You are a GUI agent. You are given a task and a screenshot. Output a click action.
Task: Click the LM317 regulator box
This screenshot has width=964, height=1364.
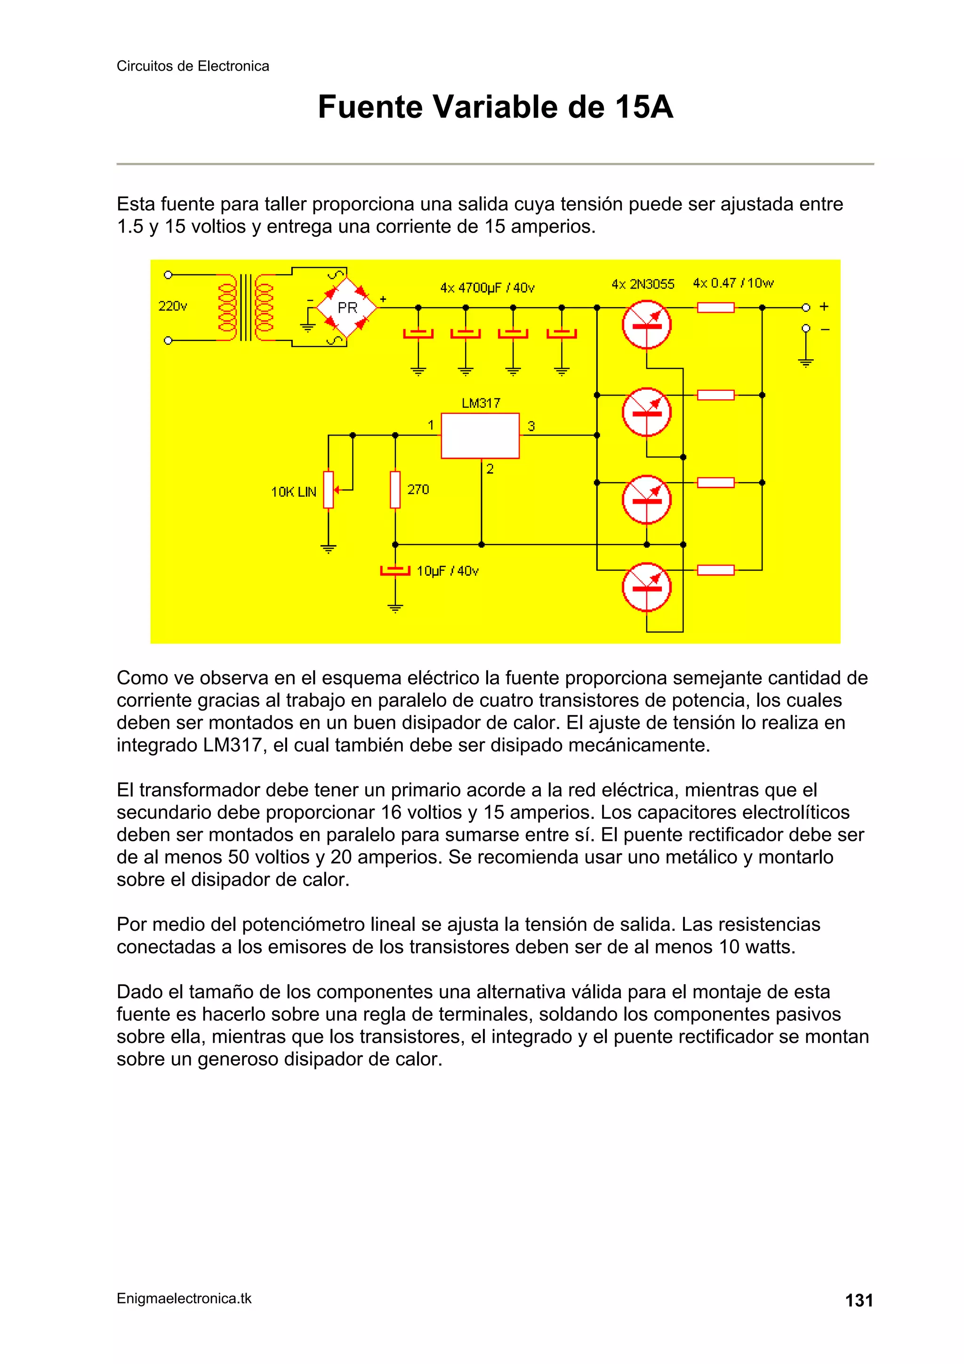pos(480,436)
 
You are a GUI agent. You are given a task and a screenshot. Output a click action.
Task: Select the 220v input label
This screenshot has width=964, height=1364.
pos(172,306)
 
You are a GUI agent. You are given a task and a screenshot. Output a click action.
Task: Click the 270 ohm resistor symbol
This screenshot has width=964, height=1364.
pos(395,490)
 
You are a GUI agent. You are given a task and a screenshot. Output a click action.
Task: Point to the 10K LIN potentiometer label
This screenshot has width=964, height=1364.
pos(293,492)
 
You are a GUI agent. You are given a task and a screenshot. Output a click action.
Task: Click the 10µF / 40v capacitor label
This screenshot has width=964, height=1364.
pos(447,571)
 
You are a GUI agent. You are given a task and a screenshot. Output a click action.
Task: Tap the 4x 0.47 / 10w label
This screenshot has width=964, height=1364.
pos(733,283)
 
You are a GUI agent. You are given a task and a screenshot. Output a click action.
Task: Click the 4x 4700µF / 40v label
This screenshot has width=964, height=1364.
pos(487,288)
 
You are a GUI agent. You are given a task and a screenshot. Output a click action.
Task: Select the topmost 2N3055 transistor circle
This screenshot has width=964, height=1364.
pos(647,325)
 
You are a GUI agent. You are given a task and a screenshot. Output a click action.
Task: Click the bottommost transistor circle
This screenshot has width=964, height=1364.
pos(647,587)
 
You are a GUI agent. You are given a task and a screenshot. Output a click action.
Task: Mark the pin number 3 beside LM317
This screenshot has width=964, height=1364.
pos(531,426)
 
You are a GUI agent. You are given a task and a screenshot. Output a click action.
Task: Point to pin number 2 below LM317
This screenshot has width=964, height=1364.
pos(490,469)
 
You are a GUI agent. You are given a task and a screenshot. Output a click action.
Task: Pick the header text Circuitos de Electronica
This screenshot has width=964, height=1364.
pos(193,66)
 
